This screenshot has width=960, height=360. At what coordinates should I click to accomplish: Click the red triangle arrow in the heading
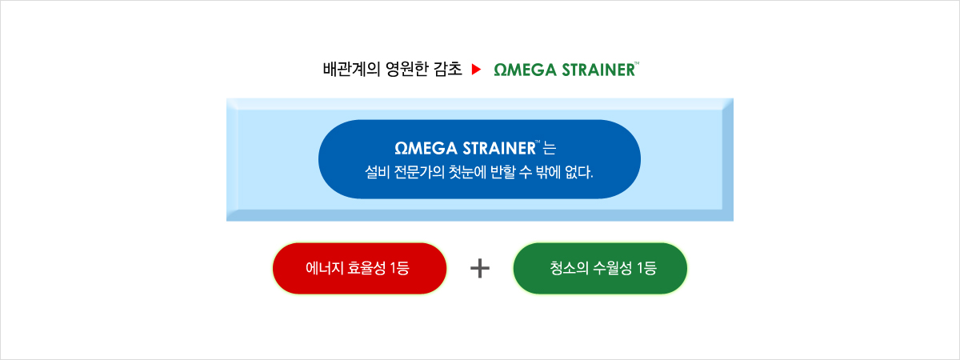coord(476,70)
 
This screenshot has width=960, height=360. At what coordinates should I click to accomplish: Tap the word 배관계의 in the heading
coord(351,70)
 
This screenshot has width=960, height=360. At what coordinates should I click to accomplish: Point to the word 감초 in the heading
coord(448,70)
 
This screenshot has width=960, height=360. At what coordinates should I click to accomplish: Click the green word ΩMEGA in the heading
coord(525,70)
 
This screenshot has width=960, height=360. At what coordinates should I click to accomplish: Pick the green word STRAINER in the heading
coord(598,70)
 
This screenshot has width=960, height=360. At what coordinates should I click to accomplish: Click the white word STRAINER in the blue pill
coord(499,148)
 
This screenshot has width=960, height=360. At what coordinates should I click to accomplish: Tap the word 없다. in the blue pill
coord(579,172)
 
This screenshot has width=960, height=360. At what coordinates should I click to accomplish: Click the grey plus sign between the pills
coord(480,269)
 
